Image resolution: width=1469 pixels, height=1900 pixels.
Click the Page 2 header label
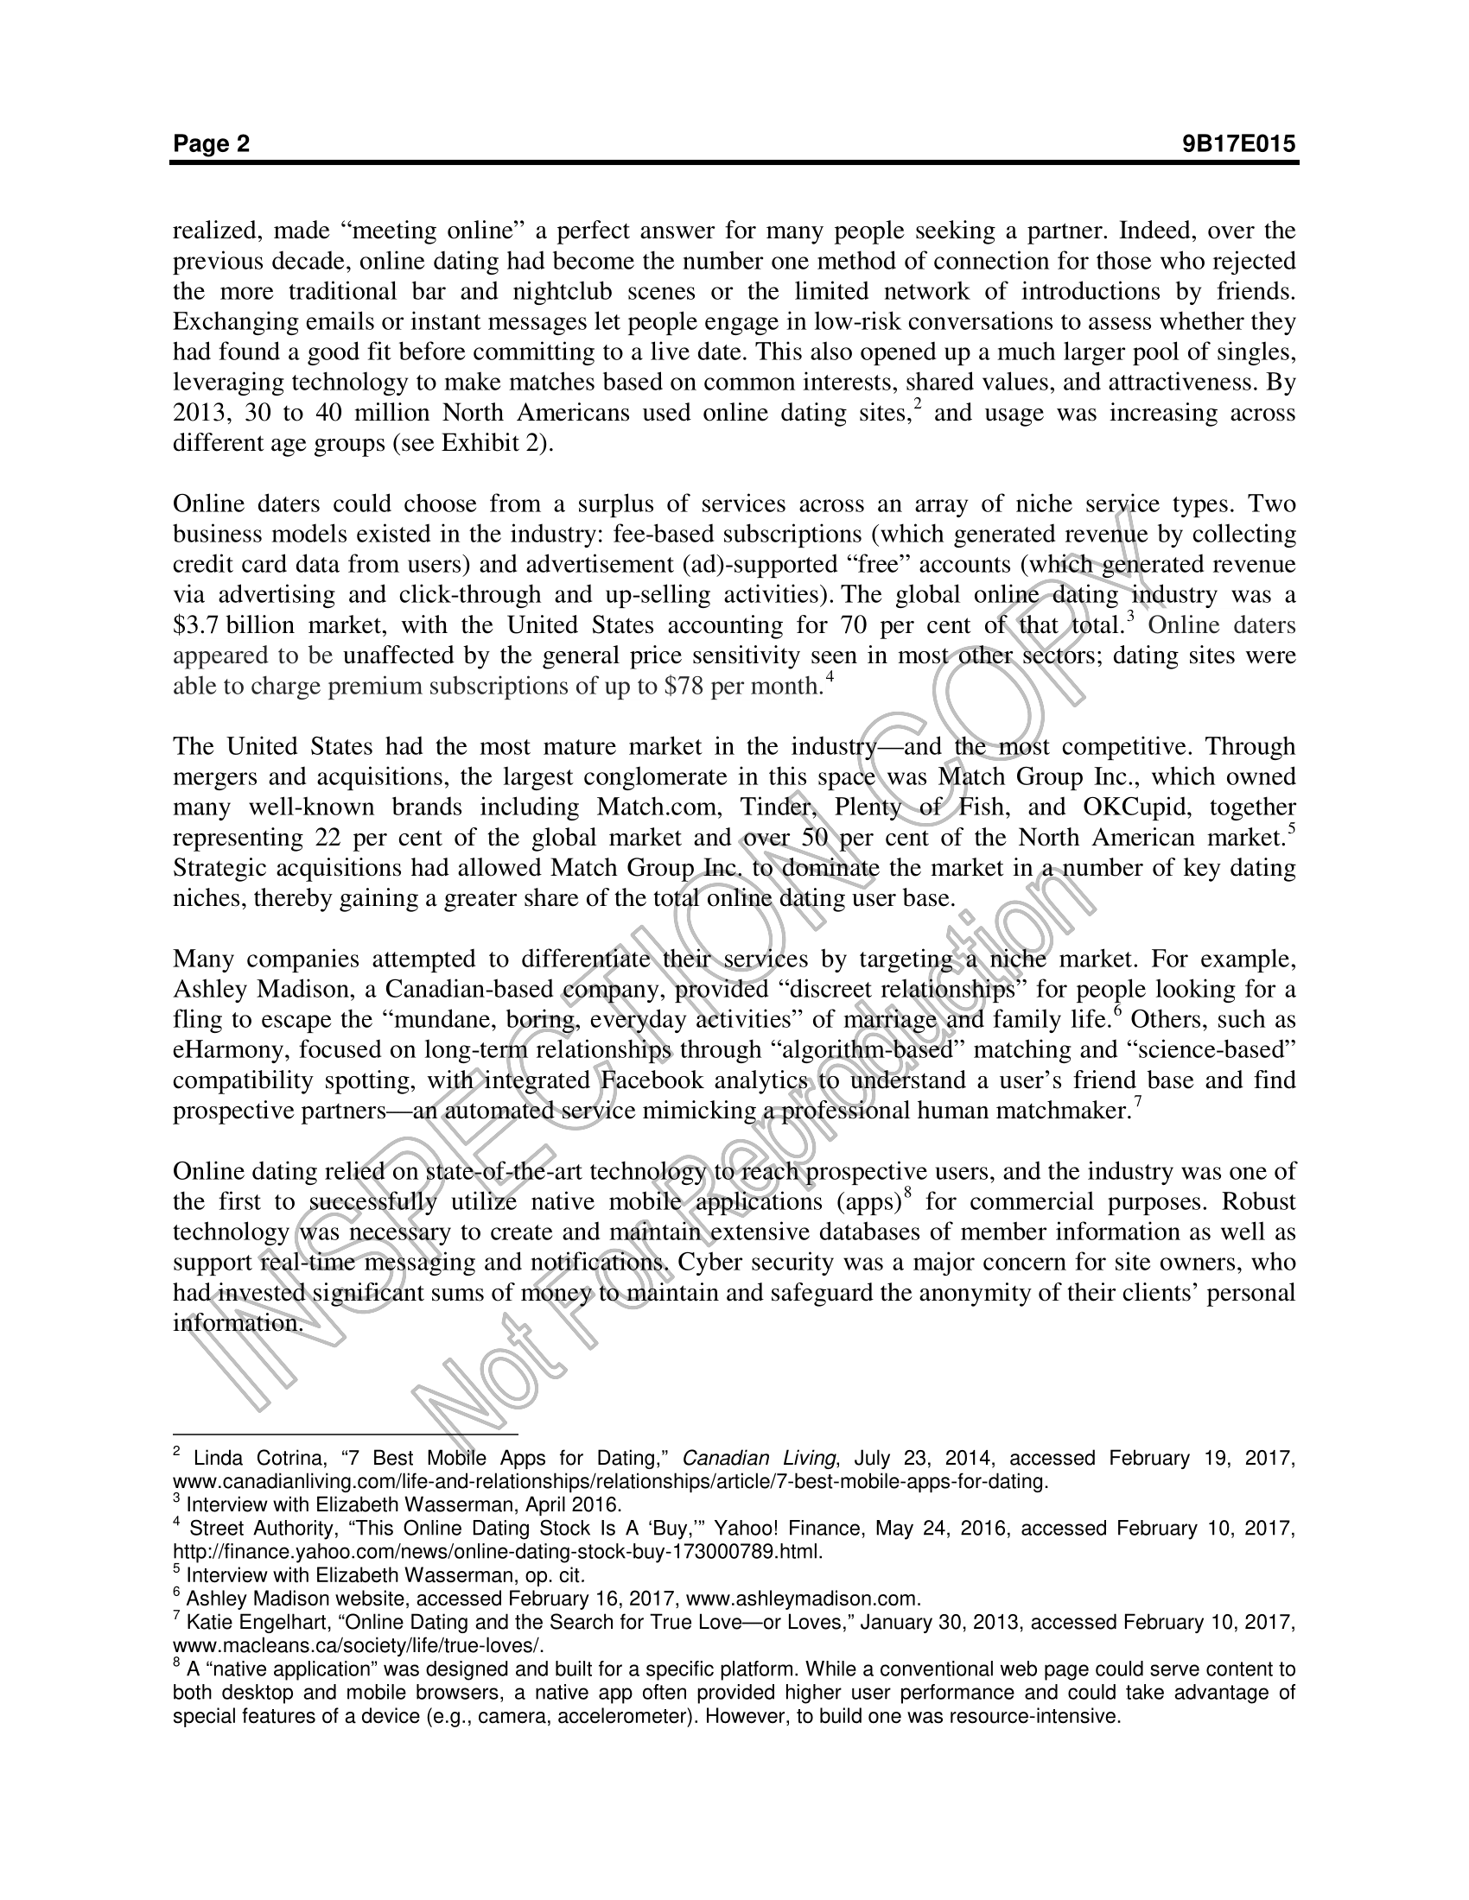coord(212,143)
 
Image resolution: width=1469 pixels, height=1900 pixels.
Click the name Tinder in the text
coord(778,807)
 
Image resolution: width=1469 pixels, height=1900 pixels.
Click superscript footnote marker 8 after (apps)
coord(907,1194)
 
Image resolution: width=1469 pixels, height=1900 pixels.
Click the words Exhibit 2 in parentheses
coord(493,443)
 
